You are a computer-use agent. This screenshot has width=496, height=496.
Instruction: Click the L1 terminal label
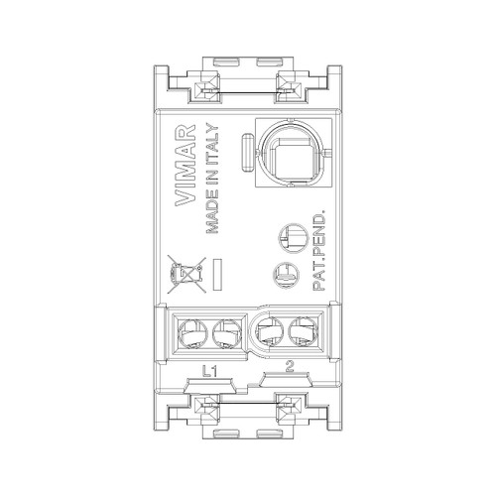210,370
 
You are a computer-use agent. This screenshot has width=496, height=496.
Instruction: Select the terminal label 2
289,368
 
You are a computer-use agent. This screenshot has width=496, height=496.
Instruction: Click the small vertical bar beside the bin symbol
218,270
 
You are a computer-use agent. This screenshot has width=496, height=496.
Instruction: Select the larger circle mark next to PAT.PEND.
292,237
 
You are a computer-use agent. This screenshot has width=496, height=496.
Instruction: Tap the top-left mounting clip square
207,90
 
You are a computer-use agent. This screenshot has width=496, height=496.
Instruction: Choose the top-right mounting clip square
289,90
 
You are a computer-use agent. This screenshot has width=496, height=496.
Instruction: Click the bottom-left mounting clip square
207,406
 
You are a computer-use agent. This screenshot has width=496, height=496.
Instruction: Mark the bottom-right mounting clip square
289,406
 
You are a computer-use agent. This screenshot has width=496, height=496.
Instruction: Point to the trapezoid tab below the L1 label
209,385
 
